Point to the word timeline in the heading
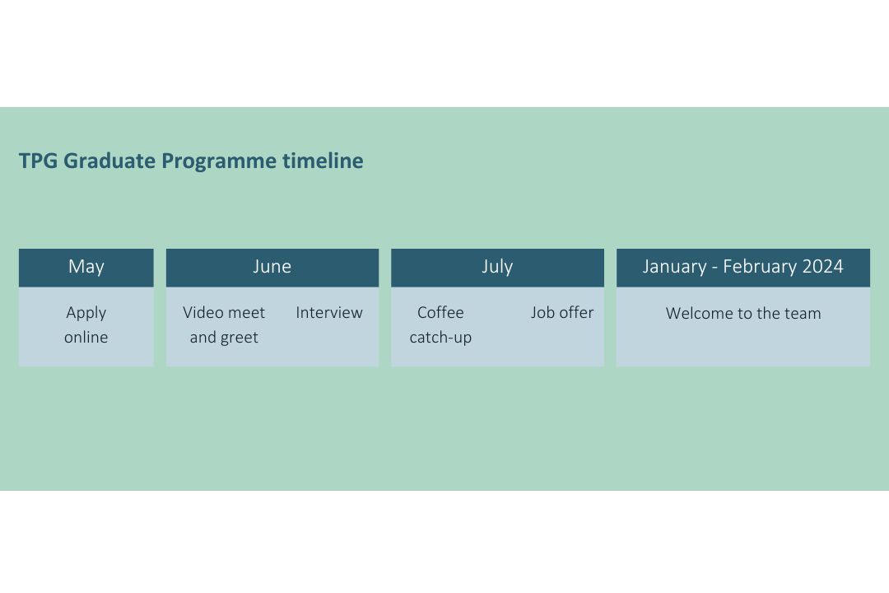323,161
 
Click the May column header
86,267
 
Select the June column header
272,267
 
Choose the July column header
497,267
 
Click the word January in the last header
674,267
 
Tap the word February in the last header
760,267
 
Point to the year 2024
823,267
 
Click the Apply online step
86,325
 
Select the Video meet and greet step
224,325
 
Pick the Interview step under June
329,313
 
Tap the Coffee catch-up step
440,325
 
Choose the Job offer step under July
562,313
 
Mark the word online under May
86,338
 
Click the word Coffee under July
440,313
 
